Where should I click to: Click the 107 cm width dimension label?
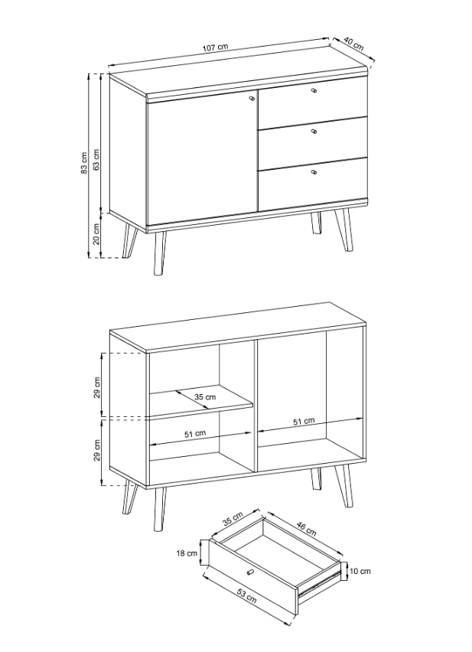[x=215, y=47]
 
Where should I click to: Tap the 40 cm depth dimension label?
[x=354, y=44]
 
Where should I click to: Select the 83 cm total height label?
[x=84, y=162]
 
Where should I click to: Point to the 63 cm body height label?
[x=96, y=159]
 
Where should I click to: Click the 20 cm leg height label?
[x=96, y=233]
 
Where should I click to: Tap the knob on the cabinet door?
[x=252, y=98]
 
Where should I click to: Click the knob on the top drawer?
[x=314, y=90]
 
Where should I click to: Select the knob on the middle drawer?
[x=314, y=132]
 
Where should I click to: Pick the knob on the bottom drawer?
[x=314, y=171]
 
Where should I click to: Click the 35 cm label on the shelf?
[x=205, y=397]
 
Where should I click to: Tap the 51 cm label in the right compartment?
[x=304, y=421]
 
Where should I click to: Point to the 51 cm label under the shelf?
[x=195, y=434]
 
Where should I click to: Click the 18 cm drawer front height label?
[x=187, y=553]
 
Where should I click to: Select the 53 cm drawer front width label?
[x=247, y=595]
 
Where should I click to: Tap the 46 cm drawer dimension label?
[x=306, y=529]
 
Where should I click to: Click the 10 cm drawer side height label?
[x=360, y=571]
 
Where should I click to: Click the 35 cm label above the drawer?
[x=233, y=519]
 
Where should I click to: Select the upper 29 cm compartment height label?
[x=97, y=387]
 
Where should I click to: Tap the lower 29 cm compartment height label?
[x=97, y=450]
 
